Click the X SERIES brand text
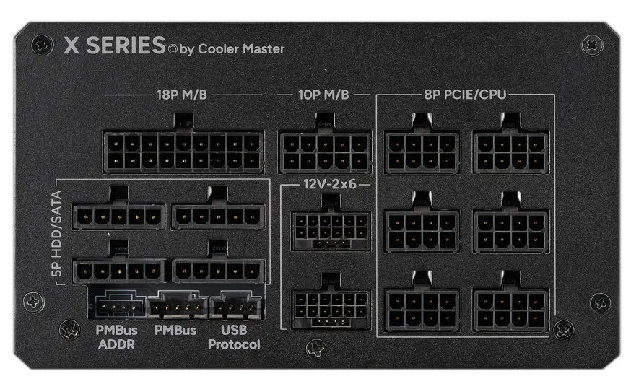coord(115,45)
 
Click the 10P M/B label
coord(323,95)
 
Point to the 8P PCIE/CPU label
coord(466,95)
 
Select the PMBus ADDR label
coord(116,337)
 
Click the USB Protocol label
coord(234,337)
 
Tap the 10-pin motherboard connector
coord(325,151)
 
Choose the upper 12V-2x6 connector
coord(324,230)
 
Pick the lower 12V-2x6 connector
coord(324,309)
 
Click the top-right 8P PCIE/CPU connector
coord(510,151)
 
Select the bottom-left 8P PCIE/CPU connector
coord(422,309)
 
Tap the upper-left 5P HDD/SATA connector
coord(119,215)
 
